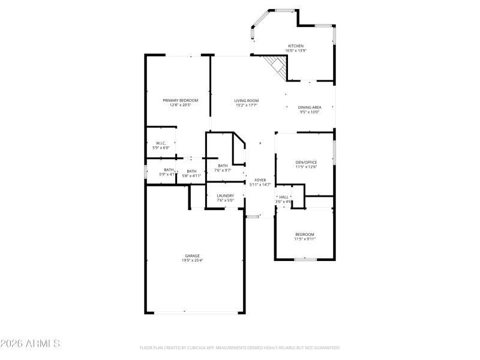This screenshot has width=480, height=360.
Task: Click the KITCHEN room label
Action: (296, 46)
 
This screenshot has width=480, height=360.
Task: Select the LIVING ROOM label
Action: (246, 100)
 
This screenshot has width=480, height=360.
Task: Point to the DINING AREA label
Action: (310, 107)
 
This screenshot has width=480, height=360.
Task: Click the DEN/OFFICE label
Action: (306, 162)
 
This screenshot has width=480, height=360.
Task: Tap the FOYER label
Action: (260, 180)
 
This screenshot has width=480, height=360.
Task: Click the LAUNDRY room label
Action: (225, 196)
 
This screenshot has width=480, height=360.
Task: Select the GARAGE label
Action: (192, 256)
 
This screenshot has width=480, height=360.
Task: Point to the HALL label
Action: (284, 197)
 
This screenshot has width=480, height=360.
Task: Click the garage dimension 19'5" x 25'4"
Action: (192, 260)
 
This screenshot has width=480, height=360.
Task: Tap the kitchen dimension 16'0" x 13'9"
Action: (296, 51)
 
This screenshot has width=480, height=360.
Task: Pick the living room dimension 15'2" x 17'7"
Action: (246, 105)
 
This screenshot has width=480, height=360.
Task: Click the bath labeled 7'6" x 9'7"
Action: (223, 170)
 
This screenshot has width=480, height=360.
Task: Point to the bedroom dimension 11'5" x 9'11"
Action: (304, 239)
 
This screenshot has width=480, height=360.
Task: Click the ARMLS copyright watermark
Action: (30, 344)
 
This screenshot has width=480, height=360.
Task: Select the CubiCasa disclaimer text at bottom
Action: (240, 347)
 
